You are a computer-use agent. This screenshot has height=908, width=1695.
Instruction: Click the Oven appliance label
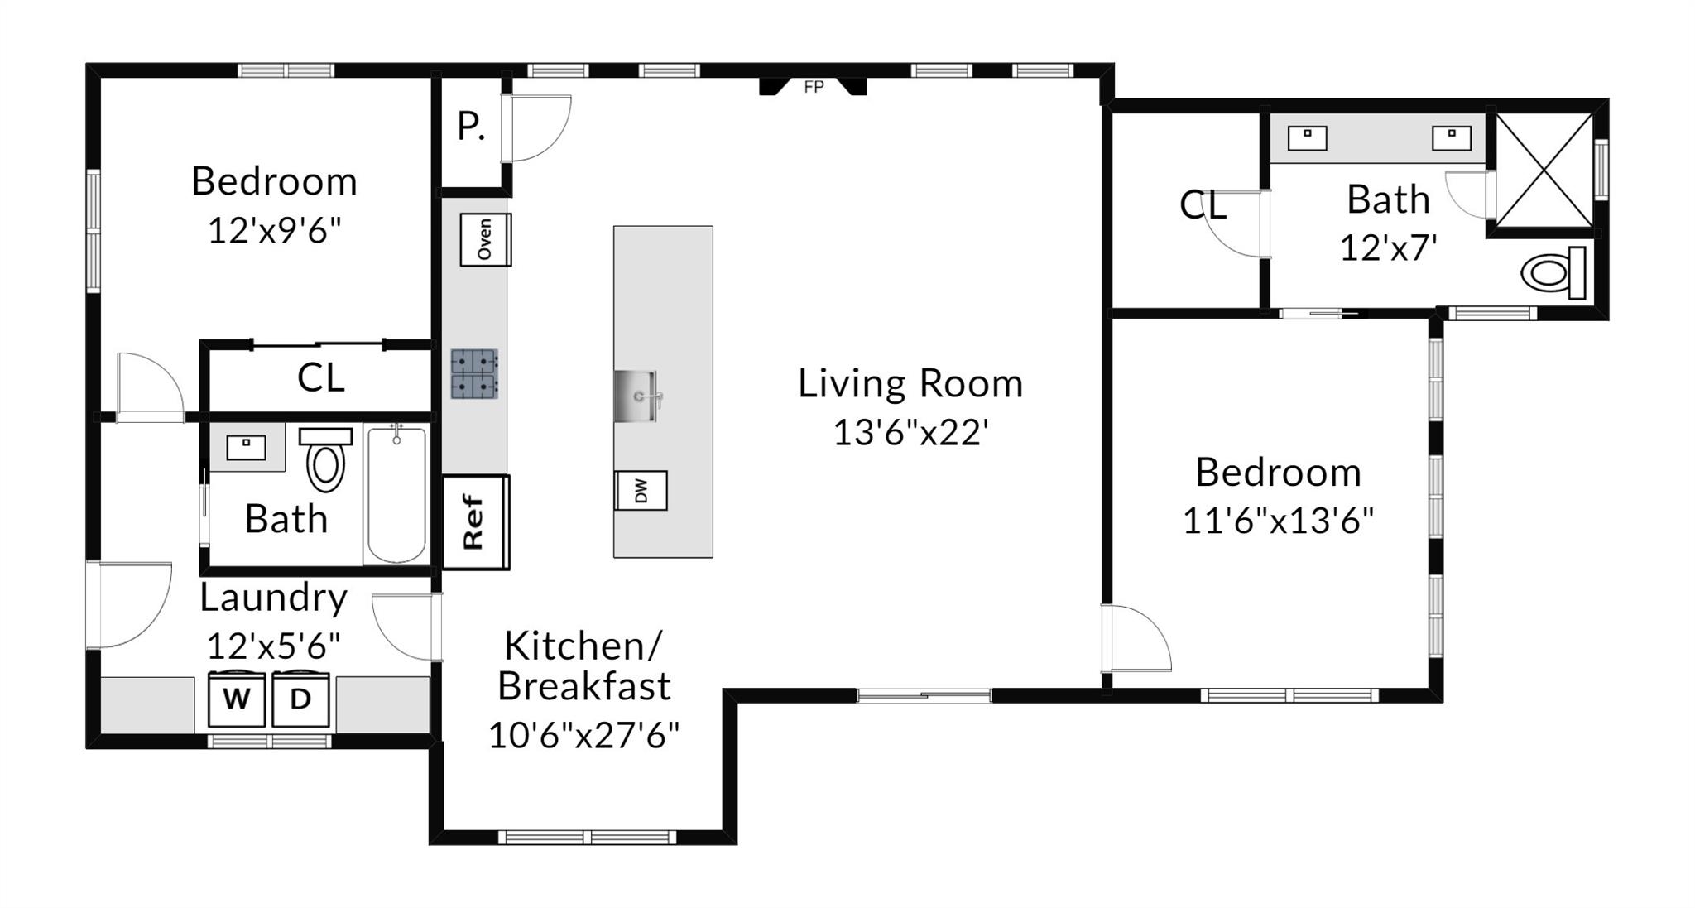point(485,239)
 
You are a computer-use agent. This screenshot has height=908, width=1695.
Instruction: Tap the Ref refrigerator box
point(475,522)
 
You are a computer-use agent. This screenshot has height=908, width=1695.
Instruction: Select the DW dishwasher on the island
point(641,491)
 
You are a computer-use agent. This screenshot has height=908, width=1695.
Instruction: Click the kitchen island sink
point(636,396)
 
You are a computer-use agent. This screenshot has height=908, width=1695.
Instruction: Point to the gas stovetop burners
point(474,374)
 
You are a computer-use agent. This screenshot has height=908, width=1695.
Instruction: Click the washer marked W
point(236,699)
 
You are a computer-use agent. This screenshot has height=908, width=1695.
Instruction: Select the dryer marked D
point(300,699)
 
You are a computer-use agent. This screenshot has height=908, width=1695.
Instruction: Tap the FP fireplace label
point(814,87)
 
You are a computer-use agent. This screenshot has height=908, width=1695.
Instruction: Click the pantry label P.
point(471,127)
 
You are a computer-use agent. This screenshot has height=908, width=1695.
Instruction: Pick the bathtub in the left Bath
point(396,494)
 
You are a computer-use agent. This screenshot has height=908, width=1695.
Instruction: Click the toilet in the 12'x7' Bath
point(1553,272)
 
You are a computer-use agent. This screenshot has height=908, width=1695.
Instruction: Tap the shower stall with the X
point(1544,170)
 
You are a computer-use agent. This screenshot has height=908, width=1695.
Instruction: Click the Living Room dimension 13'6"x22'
point(910,432)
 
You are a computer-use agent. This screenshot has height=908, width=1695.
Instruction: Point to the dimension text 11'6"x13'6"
point(1278,521)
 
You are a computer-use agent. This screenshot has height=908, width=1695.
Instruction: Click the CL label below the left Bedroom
point(320,378)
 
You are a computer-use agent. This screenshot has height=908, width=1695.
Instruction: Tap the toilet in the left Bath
point(325,459)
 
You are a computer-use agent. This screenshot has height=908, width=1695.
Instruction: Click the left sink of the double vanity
point(1307,137)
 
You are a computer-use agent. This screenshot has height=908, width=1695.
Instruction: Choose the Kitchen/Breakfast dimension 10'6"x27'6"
point(583,735)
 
